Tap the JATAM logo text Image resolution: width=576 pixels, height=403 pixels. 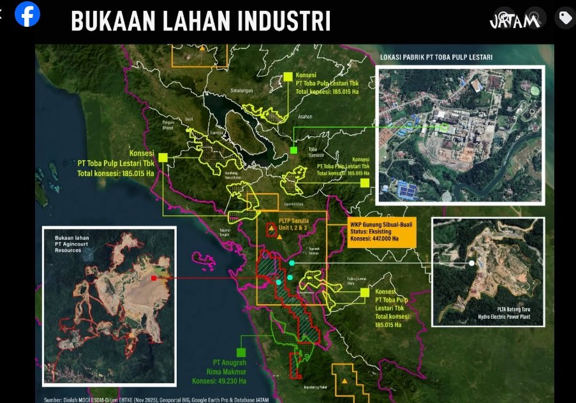514,20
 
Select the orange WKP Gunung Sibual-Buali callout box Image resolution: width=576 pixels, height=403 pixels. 381,231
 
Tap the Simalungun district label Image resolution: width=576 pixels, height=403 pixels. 242,91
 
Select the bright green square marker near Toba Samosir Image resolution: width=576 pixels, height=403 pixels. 293,150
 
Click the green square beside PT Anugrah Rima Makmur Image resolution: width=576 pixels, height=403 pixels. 241,351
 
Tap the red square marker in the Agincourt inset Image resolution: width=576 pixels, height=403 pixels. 154,279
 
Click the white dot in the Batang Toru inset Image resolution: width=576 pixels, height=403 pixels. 471,263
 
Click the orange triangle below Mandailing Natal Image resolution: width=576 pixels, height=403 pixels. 345,381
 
